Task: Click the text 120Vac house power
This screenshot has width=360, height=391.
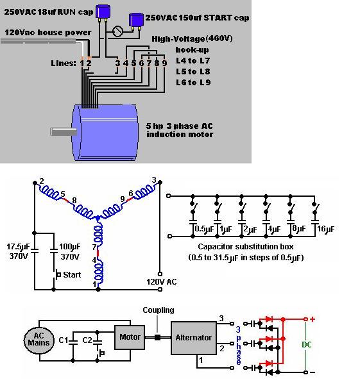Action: coord(48,32)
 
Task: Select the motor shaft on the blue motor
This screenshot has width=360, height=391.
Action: coord(62,131)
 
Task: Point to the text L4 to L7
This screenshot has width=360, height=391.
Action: coord(193,60)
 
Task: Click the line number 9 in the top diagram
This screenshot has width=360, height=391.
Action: coord(164,63)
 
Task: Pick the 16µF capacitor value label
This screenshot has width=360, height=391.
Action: coord(326,229)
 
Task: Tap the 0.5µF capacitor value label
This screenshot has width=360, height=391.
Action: coord(203,229)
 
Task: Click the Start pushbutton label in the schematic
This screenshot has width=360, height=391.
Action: coord(71,276)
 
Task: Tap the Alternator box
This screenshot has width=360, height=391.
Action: coord(193,338)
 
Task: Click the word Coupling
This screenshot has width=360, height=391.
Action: coord(159,310)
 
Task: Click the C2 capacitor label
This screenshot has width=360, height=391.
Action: coord(88,338)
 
